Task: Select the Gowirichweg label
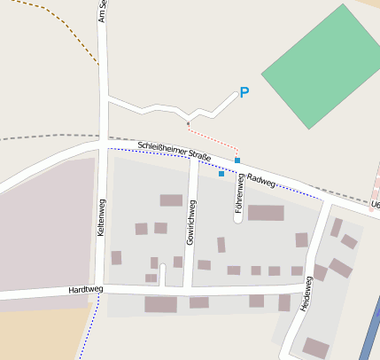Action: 190,222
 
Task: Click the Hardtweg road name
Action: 86,290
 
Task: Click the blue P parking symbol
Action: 244,92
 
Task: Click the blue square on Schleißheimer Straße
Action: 237,160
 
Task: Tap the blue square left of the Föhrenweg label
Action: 221,174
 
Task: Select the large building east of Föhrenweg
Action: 266,213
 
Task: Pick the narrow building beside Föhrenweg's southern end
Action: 221,244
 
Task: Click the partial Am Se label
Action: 103,11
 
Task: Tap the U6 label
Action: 375,205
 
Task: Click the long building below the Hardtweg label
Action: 160,304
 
